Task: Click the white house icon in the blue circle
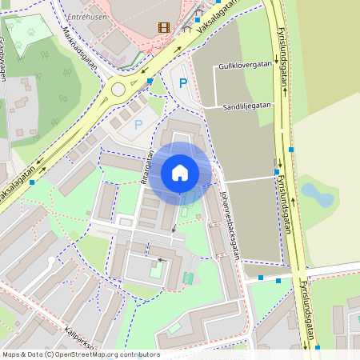point(180,173)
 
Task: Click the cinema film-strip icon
point(164,28)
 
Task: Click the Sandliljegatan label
point(247,105)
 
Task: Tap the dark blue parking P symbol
point(182,82)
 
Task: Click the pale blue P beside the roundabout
point(138,124)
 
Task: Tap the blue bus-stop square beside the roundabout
point(150,81)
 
